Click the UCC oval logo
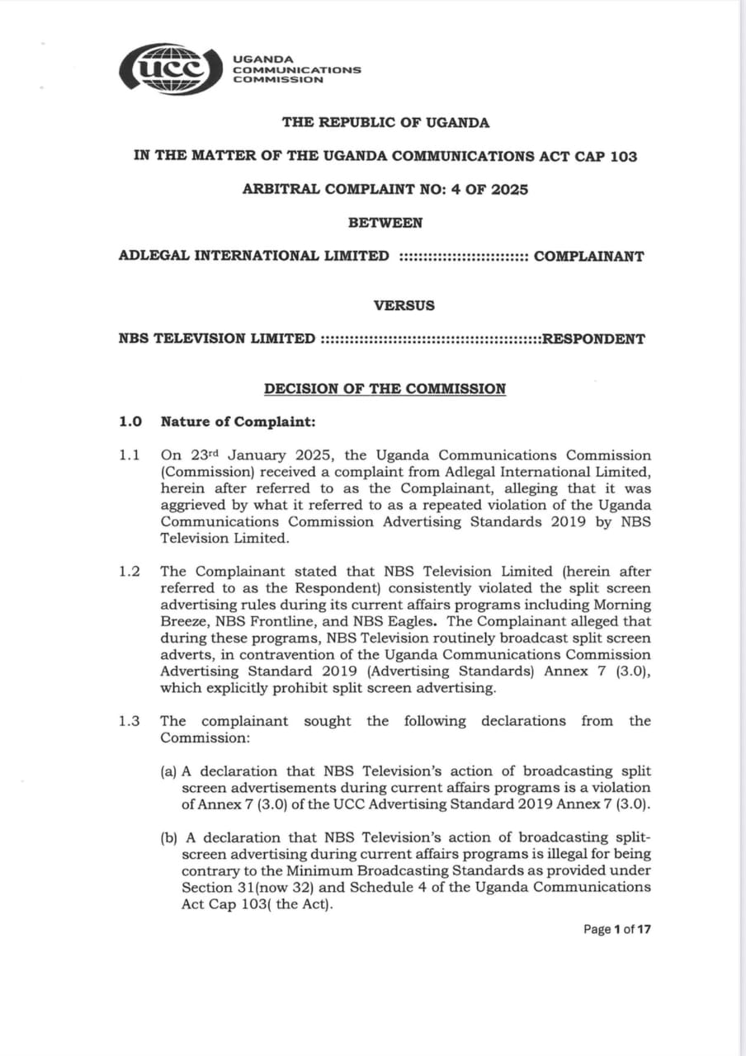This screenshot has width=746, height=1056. pos(171,68)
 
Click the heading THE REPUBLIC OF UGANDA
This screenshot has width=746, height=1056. pos(385,123)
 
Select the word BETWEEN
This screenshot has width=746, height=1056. pos(385,223)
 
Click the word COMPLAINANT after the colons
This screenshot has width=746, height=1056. pos(589,256)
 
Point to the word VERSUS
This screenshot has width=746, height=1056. pos(404,305)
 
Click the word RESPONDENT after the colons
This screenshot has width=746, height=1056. pos(593,339)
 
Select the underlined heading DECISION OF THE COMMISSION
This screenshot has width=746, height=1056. pos(385,389)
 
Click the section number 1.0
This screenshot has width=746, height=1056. pos(130,422)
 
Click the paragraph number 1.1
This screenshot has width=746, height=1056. pos(130,455)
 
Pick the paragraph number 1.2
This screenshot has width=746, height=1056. pos(130,572)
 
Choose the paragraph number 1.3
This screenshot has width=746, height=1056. pos(130,721)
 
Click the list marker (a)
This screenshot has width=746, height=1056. pos(169,771)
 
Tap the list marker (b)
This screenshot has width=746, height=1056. pos(169,838)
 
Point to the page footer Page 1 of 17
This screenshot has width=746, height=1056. pos(617,930)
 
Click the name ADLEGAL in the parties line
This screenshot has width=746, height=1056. pos(153,256)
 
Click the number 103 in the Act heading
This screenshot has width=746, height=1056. pos(624,156)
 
